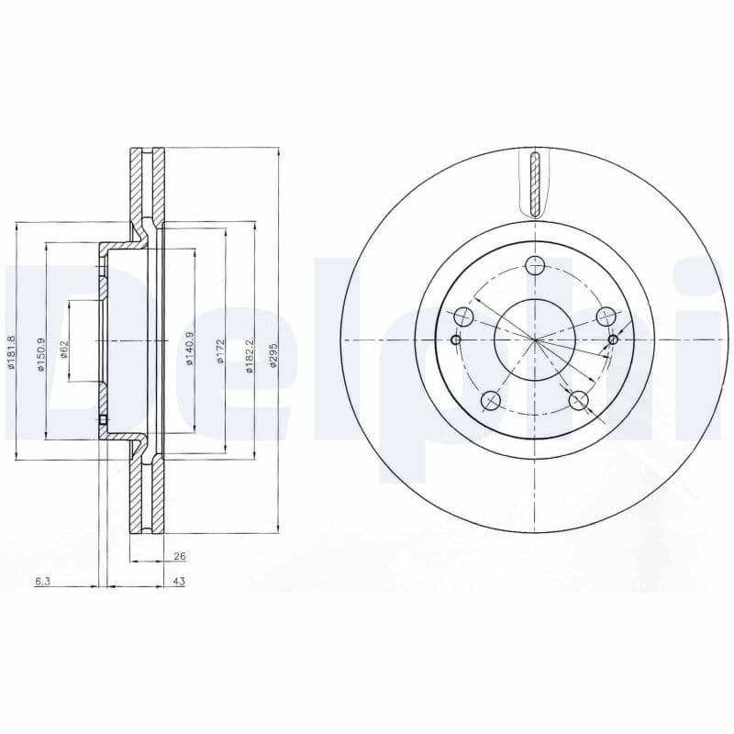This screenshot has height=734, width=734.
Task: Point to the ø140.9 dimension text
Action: (189, 350)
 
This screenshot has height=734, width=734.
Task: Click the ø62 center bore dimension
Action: (65, 349)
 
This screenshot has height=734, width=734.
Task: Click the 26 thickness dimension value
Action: (179, 556)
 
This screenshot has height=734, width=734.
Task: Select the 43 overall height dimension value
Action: (179, 582)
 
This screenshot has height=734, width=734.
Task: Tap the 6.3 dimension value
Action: (42, 582)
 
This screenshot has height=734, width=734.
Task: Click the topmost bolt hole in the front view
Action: (535, 266)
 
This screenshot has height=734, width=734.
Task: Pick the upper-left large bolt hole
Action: (464, 317)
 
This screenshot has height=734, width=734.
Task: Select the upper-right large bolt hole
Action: (605, 317)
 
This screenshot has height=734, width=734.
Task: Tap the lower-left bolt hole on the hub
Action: (491, 400)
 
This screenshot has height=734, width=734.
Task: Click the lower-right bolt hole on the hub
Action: (578, 400)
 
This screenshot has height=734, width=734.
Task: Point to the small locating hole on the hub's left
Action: (456, 339)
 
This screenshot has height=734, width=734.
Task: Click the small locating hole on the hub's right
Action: (613, 340)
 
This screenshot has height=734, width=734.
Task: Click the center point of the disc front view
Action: (535, 340)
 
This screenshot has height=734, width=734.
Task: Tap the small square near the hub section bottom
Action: (103, 421)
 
